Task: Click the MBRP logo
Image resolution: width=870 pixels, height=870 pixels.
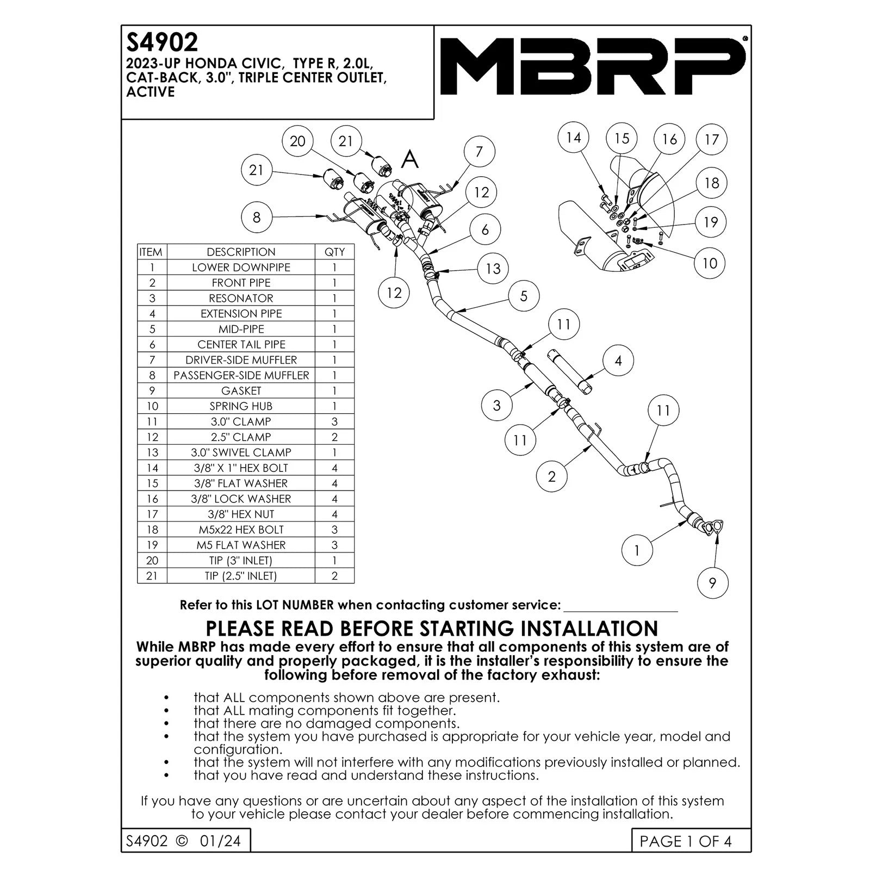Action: [593, 66]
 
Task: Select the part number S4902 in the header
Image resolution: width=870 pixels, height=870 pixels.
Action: [162, 42]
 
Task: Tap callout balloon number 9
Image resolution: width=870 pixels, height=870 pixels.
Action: [712, 583]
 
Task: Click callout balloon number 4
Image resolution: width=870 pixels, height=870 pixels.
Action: [618, 361]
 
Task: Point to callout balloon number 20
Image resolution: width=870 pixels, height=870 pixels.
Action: [297, 141]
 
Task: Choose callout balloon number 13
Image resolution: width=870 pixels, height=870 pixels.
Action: [493, 269]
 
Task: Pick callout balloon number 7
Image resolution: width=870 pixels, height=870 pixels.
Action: [479, 152]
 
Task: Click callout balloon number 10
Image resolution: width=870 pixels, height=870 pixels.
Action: [710, 264]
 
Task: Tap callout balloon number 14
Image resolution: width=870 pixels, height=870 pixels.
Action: [574, 138]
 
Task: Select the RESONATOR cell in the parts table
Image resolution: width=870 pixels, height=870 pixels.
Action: [241, 298]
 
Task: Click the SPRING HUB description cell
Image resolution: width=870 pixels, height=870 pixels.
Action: [241, 406]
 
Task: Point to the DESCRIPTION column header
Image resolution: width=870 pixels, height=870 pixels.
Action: [241, 252]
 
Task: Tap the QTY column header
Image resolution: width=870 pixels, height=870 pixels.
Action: [334, 252]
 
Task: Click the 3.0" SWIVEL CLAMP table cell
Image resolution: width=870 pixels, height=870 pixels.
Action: [241, 452]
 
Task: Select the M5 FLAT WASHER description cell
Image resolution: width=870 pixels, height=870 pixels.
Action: [241, 545]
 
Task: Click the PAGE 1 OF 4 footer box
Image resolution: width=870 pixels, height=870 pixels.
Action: [691, 841]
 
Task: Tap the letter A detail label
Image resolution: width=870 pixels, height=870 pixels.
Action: [410, 160]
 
